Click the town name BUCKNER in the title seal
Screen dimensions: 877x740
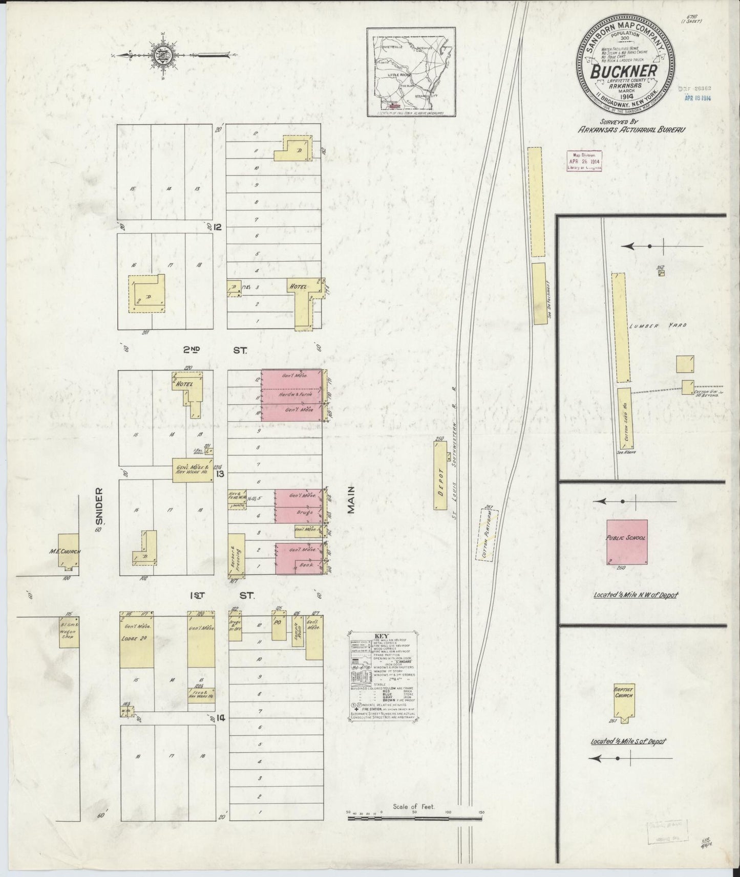click(x=623, y=72)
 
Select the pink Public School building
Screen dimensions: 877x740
click(x=626, y=542)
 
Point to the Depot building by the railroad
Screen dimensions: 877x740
click(x=439, y=476)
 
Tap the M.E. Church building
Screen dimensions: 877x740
click(x=66, y=551)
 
